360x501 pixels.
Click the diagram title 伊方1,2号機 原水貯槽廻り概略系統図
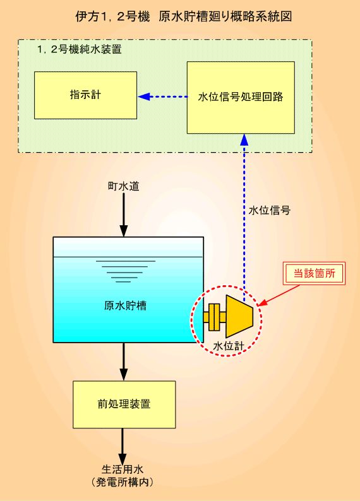click(184, 16)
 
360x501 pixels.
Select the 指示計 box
click(86, 95)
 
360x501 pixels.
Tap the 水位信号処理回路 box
click(241, 97)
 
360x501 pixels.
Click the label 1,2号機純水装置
click(80, 49)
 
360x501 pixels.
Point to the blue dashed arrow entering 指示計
click(163, 97)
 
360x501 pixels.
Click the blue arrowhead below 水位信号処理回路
click(244, 139)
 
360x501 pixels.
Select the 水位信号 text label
click(270, 210)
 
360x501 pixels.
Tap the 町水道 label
click(123, 186)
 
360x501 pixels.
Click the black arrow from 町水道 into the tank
click(123, 215)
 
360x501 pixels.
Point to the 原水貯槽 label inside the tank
click(125, 305)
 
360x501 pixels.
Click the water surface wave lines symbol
click(125, 271)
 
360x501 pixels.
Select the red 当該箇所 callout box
click(315, 273)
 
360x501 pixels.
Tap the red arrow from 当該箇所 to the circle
click(279, 295)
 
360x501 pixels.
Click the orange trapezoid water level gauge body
click(239, 316)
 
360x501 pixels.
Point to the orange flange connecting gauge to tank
click(215, 317)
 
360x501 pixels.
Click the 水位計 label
click(228, 346)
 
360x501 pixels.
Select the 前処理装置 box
click(124, 404)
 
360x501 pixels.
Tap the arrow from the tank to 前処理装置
click(123, 362)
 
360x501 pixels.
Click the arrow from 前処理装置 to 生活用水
click(123, 446)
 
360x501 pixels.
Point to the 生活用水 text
click(123, 469)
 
